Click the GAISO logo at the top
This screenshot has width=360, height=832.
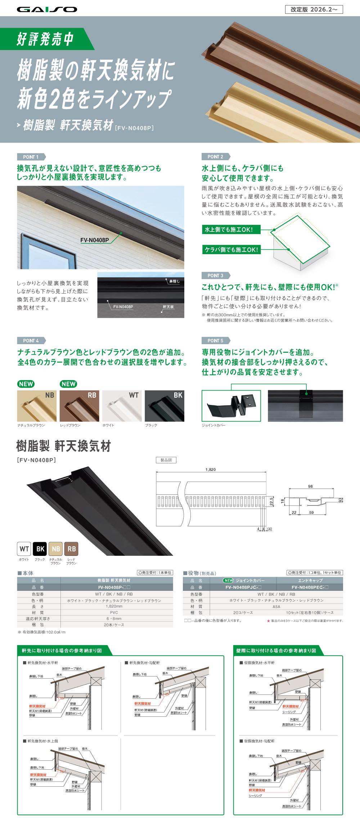47,9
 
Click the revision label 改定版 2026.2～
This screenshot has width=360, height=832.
314,9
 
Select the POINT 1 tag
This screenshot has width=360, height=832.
31,157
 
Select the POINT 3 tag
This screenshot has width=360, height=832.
215,275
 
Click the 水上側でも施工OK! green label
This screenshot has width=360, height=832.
230,230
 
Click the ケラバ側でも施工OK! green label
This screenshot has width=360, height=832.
230,249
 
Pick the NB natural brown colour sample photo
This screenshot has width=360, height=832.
37,406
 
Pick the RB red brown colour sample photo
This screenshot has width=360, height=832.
79,406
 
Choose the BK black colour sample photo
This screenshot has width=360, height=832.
164,406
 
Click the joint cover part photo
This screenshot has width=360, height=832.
231,406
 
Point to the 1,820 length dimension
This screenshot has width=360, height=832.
211,469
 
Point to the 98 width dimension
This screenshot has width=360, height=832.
310,486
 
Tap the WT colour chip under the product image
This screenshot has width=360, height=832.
24,549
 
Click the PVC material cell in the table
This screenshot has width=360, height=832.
114,612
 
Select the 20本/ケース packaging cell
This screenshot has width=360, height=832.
114,625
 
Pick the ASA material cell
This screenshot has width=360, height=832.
276,606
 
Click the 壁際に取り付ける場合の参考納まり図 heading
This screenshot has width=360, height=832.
276,651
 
